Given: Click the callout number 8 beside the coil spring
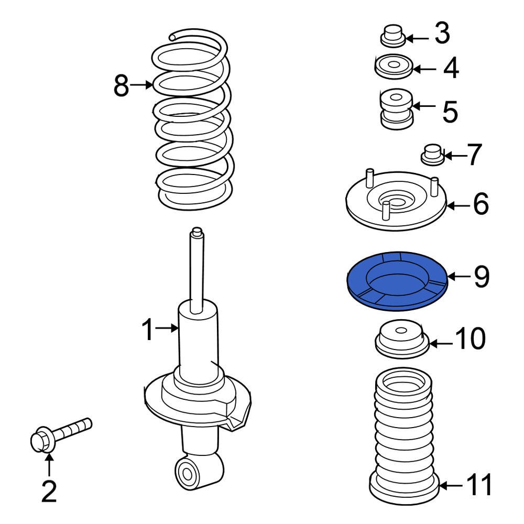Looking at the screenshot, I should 121,85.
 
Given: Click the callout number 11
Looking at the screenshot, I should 479,485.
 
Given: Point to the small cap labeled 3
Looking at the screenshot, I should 392,37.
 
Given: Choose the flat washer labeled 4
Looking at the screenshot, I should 393,67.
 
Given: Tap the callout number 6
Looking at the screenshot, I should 481,204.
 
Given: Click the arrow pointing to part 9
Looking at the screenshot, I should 457,276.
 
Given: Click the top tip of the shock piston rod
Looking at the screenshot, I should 196,231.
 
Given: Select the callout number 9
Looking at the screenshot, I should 481,277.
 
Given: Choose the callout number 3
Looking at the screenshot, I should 442,34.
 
